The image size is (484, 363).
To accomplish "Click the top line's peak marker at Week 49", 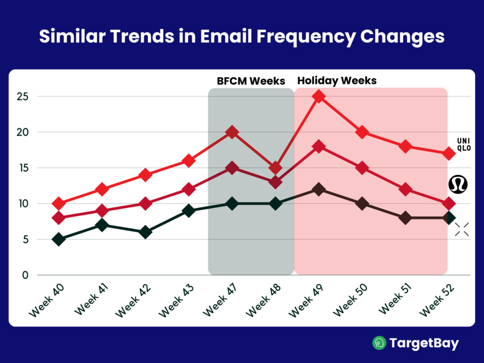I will (x=319, y=97).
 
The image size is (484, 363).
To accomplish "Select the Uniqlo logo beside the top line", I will (x=464, y=144).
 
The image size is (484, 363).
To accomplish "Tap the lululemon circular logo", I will (x=458, y=184).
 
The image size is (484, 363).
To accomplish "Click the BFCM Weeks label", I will (x=251, y=81).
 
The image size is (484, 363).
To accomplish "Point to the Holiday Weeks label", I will (x=337, y=81).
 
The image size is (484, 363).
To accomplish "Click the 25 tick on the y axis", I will (x=23, y=97).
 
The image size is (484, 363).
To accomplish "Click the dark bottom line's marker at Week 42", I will (x=146, y=232).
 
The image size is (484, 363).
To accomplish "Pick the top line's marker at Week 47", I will (x=232, y=132).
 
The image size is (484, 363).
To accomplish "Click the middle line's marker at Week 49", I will (x=319, y=147).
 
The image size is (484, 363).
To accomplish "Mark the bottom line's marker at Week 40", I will (x=59, y=239).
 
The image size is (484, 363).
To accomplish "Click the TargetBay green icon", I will (x=379, y=343).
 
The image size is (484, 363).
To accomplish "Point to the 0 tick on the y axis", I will (x=26, y=275).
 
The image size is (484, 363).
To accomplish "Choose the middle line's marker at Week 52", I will (x=449, y=204).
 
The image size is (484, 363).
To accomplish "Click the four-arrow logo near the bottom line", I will (x=462, y=229).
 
